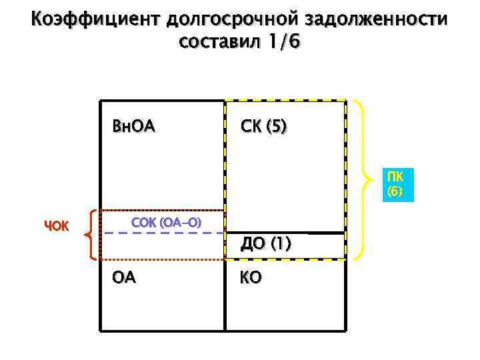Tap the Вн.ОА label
coord(134,126)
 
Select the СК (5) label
coord(265,126)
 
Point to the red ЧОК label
coord(57,225)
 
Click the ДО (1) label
coord(266,244)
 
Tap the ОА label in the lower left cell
coord(124,277)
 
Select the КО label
coord(251,277)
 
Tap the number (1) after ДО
coord(280,244)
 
